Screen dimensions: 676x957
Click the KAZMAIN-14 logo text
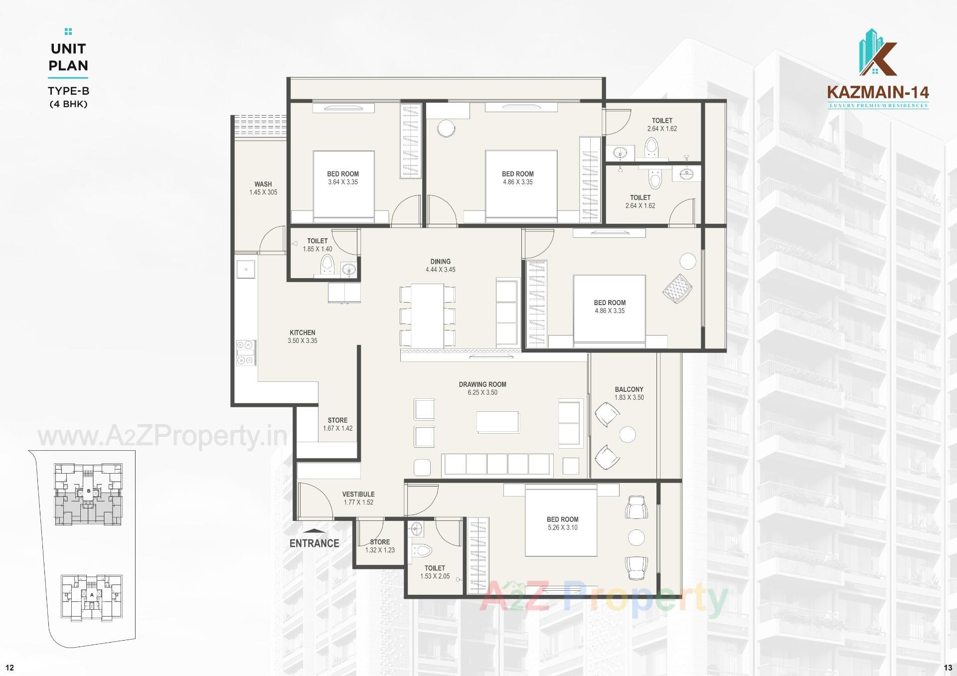pyautogui.click(x=878, y=92)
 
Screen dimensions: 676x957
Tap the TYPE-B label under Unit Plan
pyautogui.click(x=68, y=91)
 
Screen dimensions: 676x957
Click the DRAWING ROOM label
pyautogui.click(x=482, y=384)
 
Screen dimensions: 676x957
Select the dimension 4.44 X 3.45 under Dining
pyautogui.click(x=440, y=270)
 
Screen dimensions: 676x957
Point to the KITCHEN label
pyautogui.click(x=302, y=333)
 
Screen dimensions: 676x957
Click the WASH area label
pyautogui.click(x=263, y=184)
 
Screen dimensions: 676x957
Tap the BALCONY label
pyautogui.click(x=629, y=389)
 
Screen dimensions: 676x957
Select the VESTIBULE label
pyautogui.click(x=358, y=494)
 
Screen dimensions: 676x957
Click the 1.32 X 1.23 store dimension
pyautogui.click(x=380, y=550)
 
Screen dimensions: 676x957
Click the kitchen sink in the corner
pyautogui.click(x=246, y=269)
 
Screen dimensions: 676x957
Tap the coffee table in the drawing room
pyautogui.click(x=497, y=422)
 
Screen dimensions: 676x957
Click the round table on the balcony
pyautogui.click(x=628, y=434)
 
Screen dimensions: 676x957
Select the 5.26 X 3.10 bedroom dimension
pyautogui.click(x=562, y=527)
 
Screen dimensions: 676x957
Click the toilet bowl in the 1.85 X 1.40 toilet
pyautogui.click(x=327, y=263)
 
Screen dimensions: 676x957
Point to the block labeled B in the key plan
pyautogui.click(x=89, y=491)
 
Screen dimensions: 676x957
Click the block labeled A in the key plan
pyautogui.click(x=92, y=595)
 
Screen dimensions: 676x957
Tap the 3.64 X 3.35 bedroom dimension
pyautogui.click(x=343, y=182)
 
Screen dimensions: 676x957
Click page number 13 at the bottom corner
pyautogui.click(x=948, y=668)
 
